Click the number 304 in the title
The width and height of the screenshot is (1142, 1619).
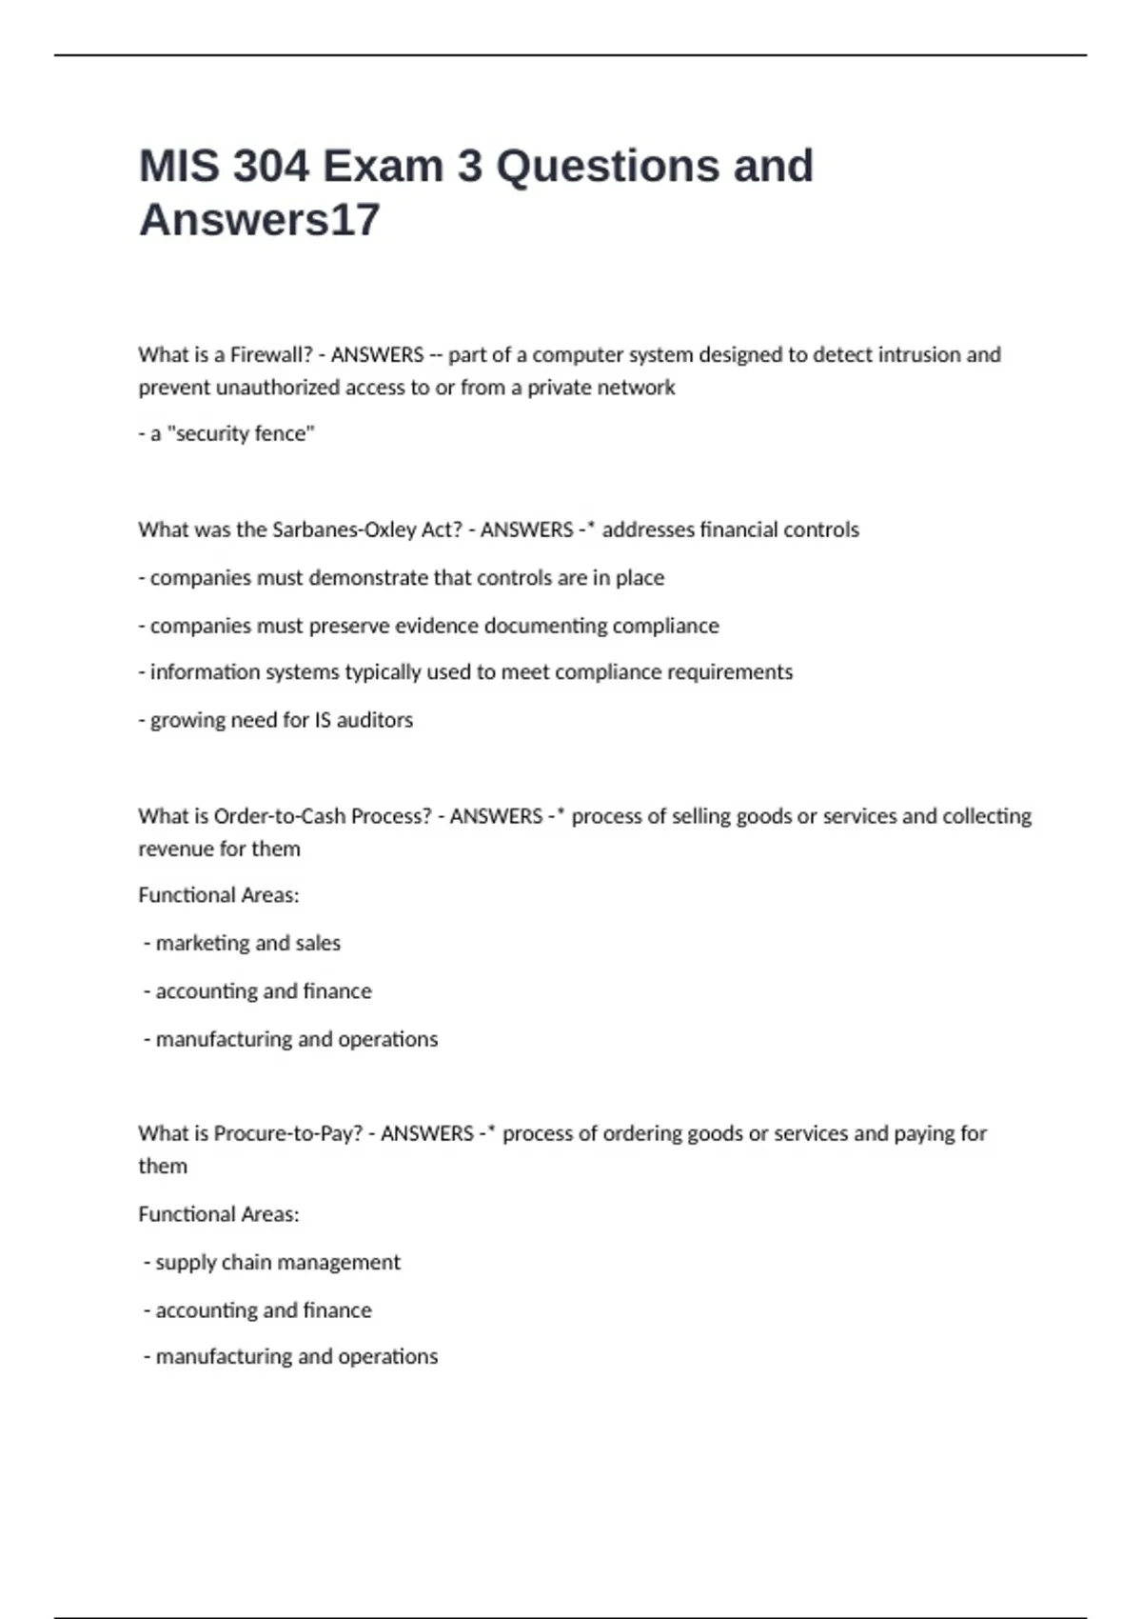271,167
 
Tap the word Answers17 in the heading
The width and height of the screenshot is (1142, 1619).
259,220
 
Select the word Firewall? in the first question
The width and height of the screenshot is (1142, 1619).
271,355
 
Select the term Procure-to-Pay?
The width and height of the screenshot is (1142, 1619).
288,1134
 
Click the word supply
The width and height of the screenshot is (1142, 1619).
182,1263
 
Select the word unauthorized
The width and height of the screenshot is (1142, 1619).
278,389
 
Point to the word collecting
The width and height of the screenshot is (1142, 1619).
986,817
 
